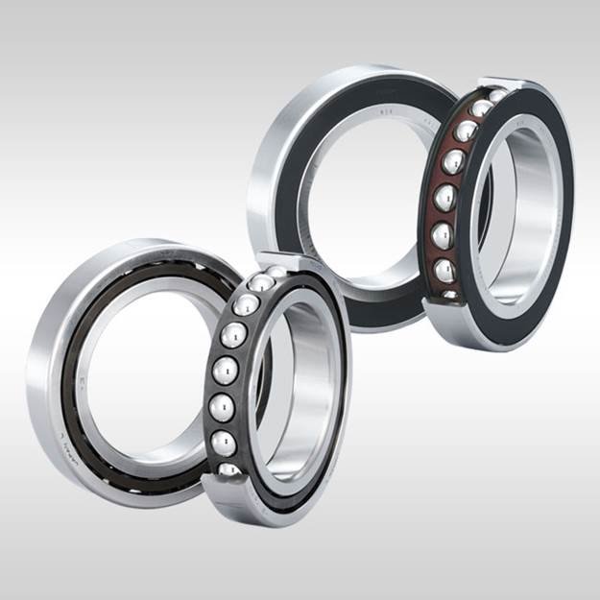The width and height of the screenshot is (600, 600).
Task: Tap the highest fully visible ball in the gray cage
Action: click(x=247, y=306)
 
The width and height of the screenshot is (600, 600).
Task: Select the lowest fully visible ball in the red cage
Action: click(x=445, y=272)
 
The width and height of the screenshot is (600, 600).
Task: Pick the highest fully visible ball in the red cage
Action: click(x=466, y=132)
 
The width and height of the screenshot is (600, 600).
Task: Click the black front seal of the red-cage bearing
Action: click(x=485, y=288)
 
